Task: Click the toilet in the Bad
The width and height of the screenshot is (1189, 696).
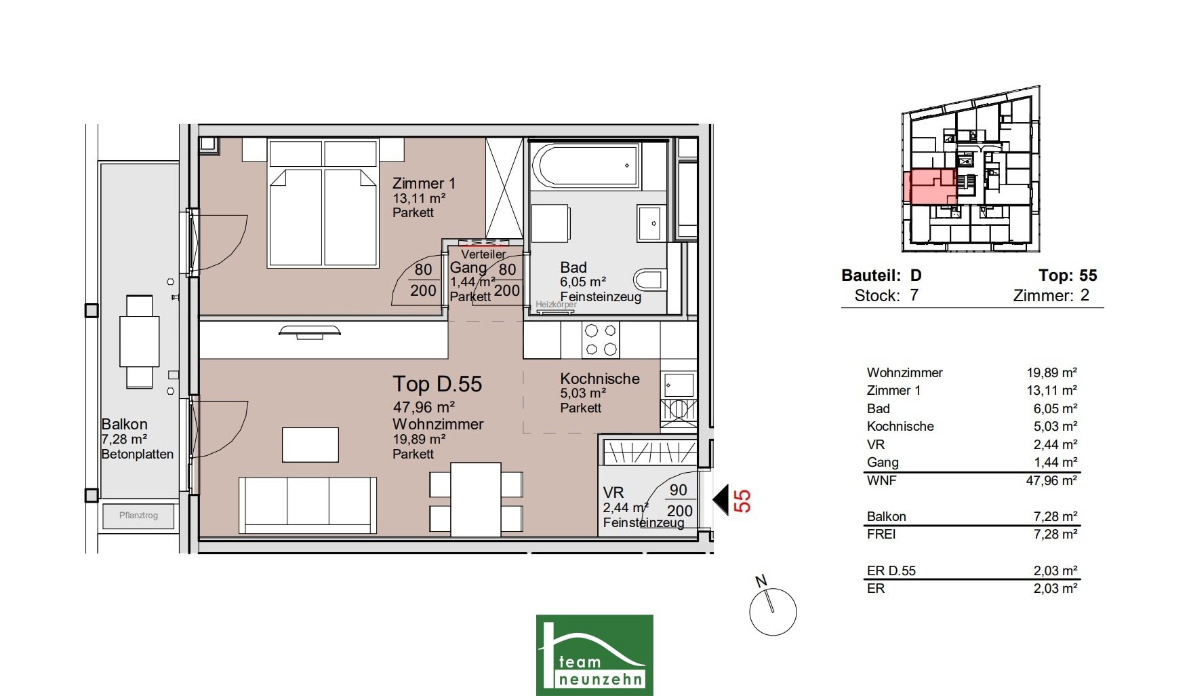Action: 650,279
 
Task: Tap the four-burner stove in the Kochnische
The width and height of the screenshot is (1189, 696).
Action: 601,340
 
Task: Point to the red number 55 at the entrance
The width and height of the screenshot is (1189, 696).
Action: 743,501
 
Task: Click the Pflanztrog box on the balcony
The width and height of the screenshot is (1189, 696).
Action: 139,516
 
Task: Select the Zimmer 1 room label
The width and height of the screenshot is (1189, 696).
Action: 424,183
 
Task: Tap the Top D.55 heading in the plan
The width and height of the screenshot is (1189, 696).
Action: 437,384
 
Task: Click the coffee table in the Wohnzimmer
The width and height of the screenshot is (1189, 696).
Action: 310,445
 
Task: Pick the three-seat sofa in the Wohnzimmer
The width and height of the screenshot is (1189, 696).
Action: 308,505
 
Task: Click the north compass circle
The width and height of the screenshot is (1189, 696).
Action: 773,612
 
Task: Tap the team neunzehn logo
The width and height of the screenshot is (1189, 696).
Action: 594,655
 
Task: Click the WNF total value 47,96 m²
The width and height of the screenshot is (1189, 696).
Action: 1051,480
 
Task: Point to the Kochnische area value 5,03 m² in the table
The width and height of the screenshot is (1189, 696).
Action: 1051,426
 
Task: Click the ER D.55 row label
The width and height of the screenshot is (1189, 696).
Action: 891,571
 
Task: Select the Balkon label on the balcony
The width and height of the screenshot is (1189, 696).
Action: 124,424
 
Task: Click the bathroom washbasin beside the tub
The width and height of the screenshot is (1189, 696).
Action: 651,223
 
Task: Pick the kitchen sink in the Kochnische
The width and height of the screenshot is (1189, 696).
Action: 678,385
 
